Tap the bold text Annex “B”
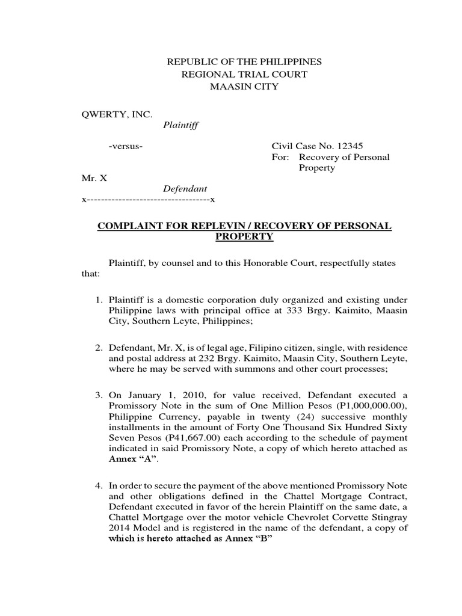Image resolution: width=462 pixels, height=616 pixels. tap(244, 538)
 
